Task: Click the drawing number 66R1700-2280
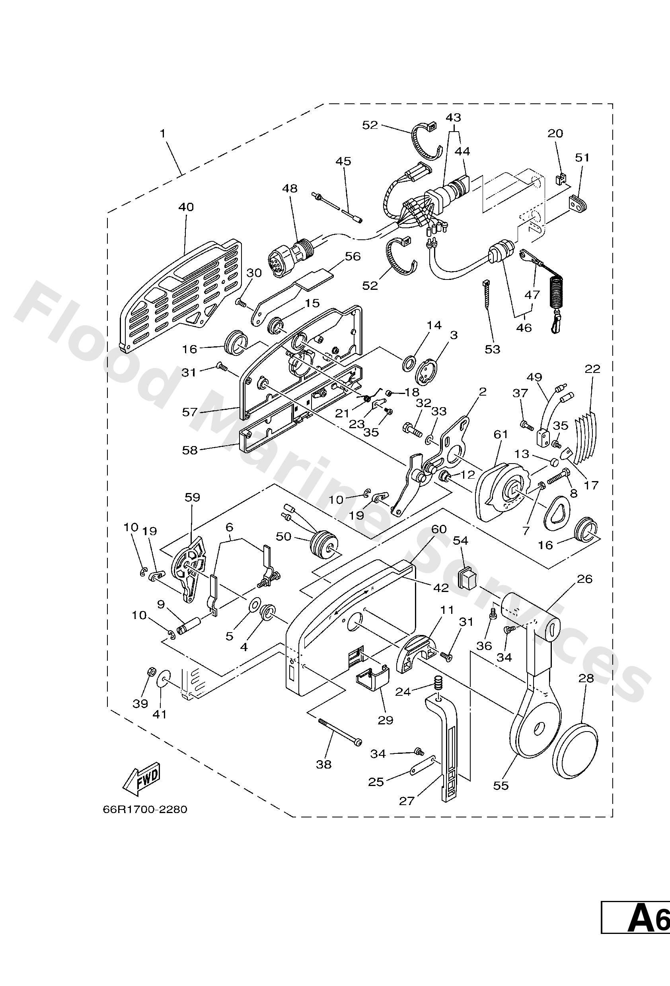coord(145,809)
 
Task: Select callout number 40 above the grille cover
coord(186,207)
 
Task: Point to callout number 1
coord(162,133)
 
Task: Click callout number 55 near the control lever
coord(501,785)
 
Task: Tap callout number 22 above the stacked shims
coord(592,369)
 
